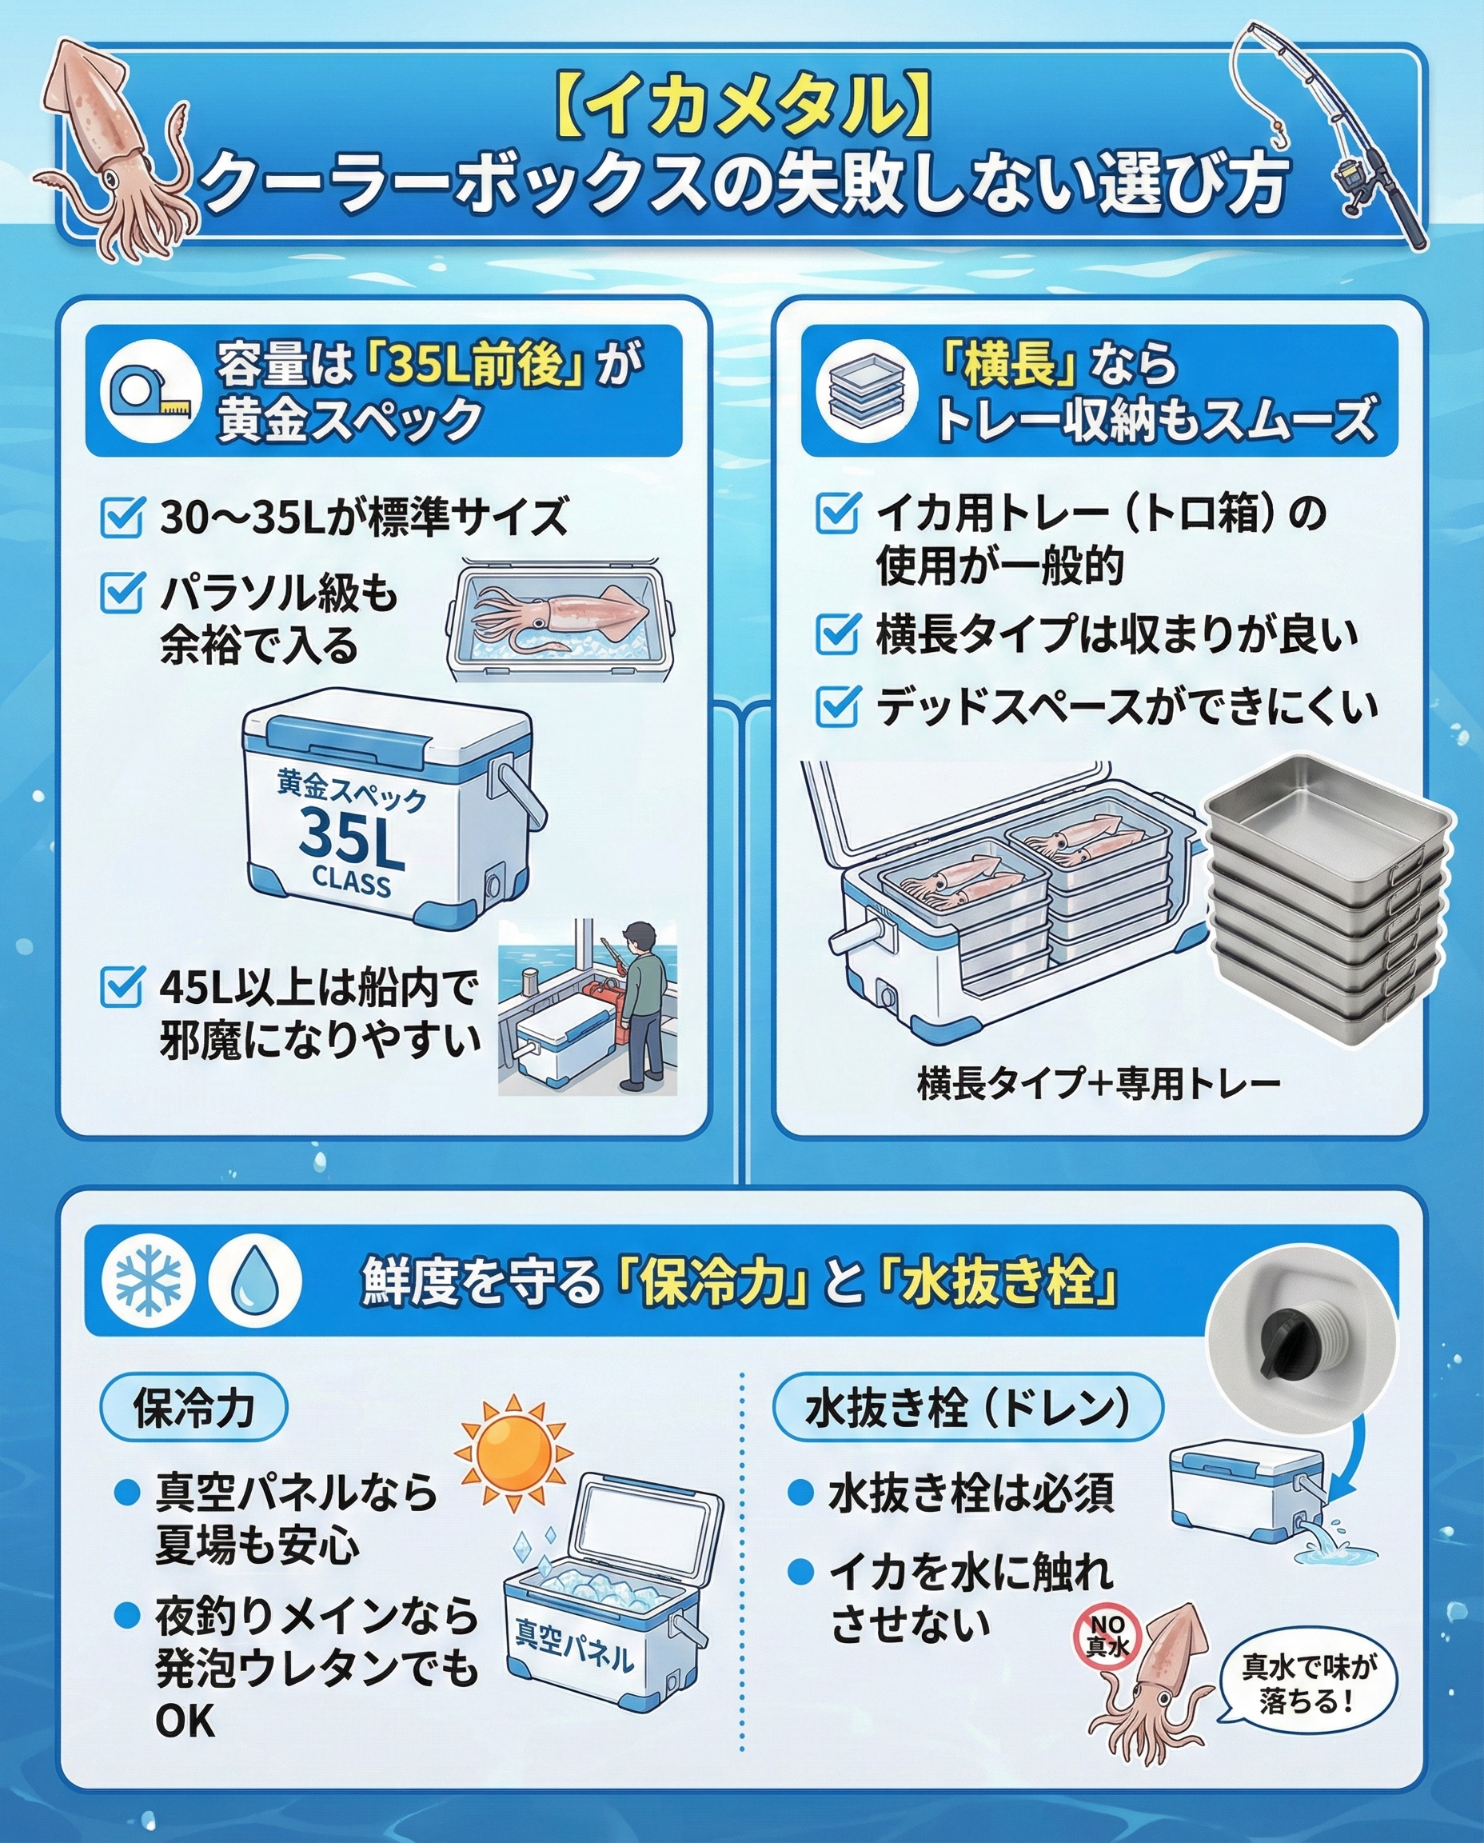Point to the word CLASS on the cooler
tap(350, 881)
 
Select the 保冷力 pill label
tap(194, 1407)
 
